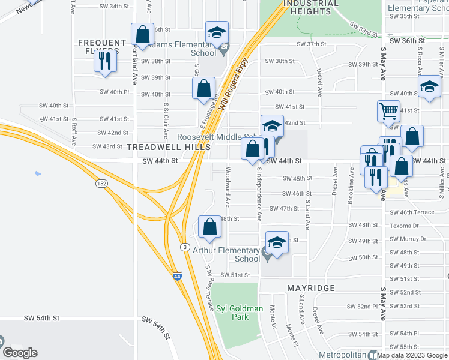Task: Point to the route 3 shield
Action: (184, 247)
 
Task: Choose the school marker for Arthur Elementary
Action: (277, 242)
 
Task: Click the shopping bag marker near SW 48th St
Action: (209, 227)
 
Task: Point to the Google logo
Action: (20, 353)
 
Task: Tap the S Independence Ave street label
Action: (259, 194)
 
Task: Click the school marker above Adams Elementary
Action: (217, 32)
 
